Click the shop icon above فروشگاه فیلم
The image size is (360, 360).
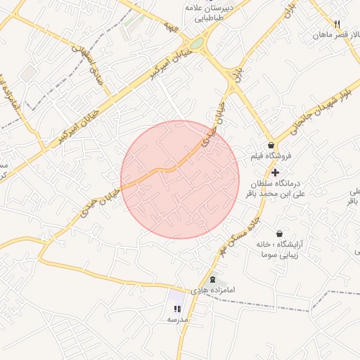(271, 146)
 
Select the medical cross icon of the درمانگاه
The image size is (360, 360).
(274, 172)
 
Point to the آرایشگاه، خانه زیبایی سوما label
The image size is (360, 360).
(284, 250)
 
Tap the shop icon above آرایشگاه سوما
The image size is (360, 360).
(280, 233)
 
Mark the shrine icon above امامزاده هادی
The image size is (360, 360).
(213, 280)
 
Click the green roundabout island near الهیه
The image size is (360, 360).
(198, 44)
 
